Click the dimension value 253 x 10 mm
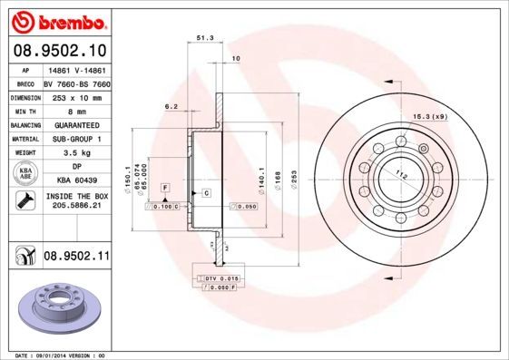76,96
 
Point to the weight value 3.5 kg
76,153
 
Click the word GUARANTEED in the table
76,124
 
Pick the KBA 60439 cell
76,180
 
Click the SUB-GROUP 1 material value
76,139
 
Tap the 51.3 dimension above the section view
204,39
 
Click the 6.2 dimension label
171,107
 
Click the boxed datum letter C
206,193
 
